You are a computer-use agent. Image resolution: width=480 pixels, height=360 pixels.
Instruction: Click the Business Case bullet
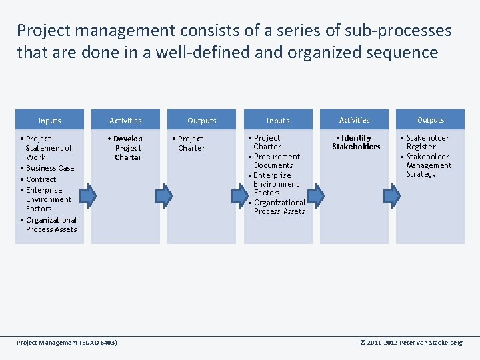[x=49, y=168]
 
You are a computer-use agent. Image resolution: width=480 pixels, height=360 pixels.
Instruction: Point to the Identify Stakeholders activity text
[x=355, y=142]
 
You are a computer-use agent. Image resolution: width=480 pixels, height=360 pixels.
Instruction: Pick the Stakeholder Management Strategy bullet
[x=428, y=165]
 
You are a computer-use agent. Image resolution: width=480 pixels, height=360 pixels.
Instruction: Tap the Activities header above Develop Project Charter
[x=125, y=121]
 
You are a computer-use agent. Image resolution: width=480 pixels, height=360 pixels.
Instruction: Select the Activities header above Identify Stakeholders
[x=354, y=120]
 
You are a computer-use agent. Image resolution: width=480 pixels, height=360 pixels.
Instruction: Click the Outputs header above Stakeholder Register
[x=431, y=120]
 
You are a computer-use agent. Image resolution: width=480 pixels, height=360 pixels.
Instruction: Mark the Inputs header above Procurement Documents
[x=278, y=121]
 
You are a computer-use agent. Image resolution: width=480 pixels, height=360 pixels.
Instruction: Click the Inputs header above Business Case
[x=49, y=121]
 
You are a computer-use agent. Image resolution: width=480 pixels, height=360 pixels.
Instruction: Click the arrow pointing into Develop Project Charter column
[x=91, y=195]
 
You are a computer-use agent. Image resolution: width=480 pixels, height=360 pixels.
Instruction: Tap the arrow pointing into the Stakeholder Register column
[x=393, y=195]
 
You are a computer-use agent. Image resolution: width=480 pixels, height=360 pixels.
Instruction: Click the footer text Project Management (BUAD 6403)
[x=67, y=343]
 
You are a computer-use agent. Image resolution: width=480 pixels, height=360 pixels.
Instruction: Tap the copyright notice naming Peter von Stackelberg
[x=411, y=343]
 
